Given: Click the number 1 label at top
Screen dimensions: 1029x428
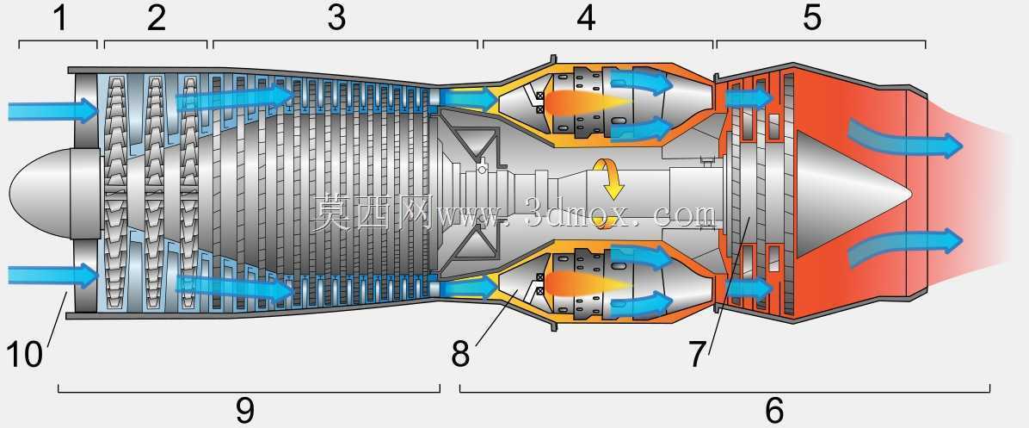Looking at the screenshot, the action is point(60,18).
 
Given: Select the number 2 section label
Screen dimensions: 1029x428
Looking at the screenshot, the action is point(157,18).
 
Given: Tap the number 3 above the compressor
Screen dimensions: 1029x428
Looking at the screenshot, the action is point(336,18).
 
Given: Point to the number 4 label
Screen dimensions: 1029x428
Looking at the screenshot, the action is point(586,18).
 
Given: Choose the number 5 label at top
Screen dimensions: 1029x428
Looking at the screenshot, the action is point(812,18).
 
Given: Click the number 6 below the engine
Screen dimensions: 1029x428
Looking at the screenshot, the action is point(774,410).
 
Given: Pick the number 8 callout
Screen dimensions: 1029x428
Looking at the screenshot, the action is point(460,355).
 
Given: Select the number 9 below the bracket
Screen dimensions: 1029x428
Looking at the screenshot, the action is point(245,410).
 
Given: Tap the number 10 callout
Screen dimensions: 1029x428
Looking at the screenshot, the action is point(24,355).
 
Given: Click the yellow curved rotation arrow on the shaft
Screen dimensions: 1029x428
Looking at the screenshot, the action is point(608,177).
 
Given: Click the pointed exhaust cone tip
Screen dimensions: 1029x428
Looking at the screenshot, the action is point(911,192).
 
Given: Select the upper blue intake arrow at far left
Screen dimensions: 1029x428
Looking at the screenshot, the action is point(53,110).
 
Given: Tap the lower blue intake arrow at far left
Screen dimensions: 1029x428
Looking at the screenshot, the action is point(53,275).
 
